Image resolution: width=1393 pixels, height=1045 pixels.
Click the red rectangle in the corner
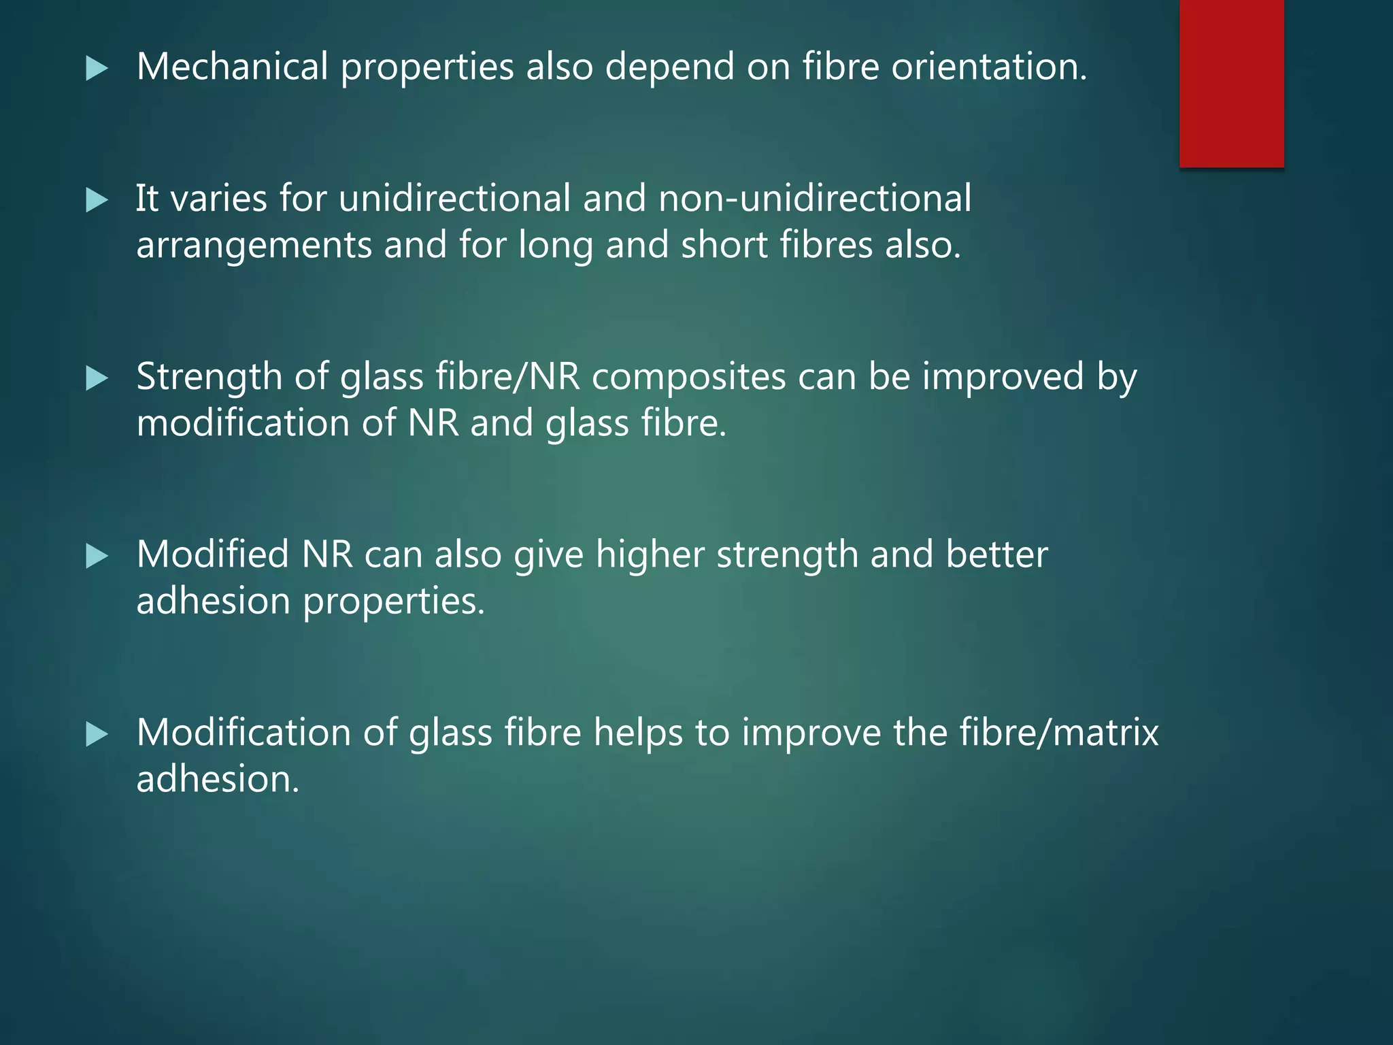[1231, 83]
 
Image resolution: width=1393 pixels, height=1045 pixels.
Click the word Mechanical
[233, 67]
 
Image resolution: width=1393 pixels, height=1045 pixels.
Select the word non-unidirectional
[814, 199]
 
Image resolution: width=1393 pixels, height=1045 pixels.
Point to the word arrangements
[254, 246]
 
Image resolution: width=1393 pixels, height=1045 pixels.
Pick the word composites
[688, 378]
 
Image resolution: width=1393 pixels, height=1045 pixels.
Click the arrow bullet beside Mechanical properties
[97, 69]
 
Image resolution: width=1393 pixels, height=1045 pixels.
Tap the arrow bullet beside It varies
[97, 201]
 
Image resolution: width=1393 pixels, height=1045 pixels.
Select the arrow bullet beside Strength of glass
[97, 379]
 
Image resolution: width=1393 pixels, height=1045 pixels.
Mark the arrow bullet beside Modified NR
[97, 557]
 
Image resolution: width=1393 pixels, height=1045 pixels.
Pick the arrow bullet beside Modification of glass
[97, 735]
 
